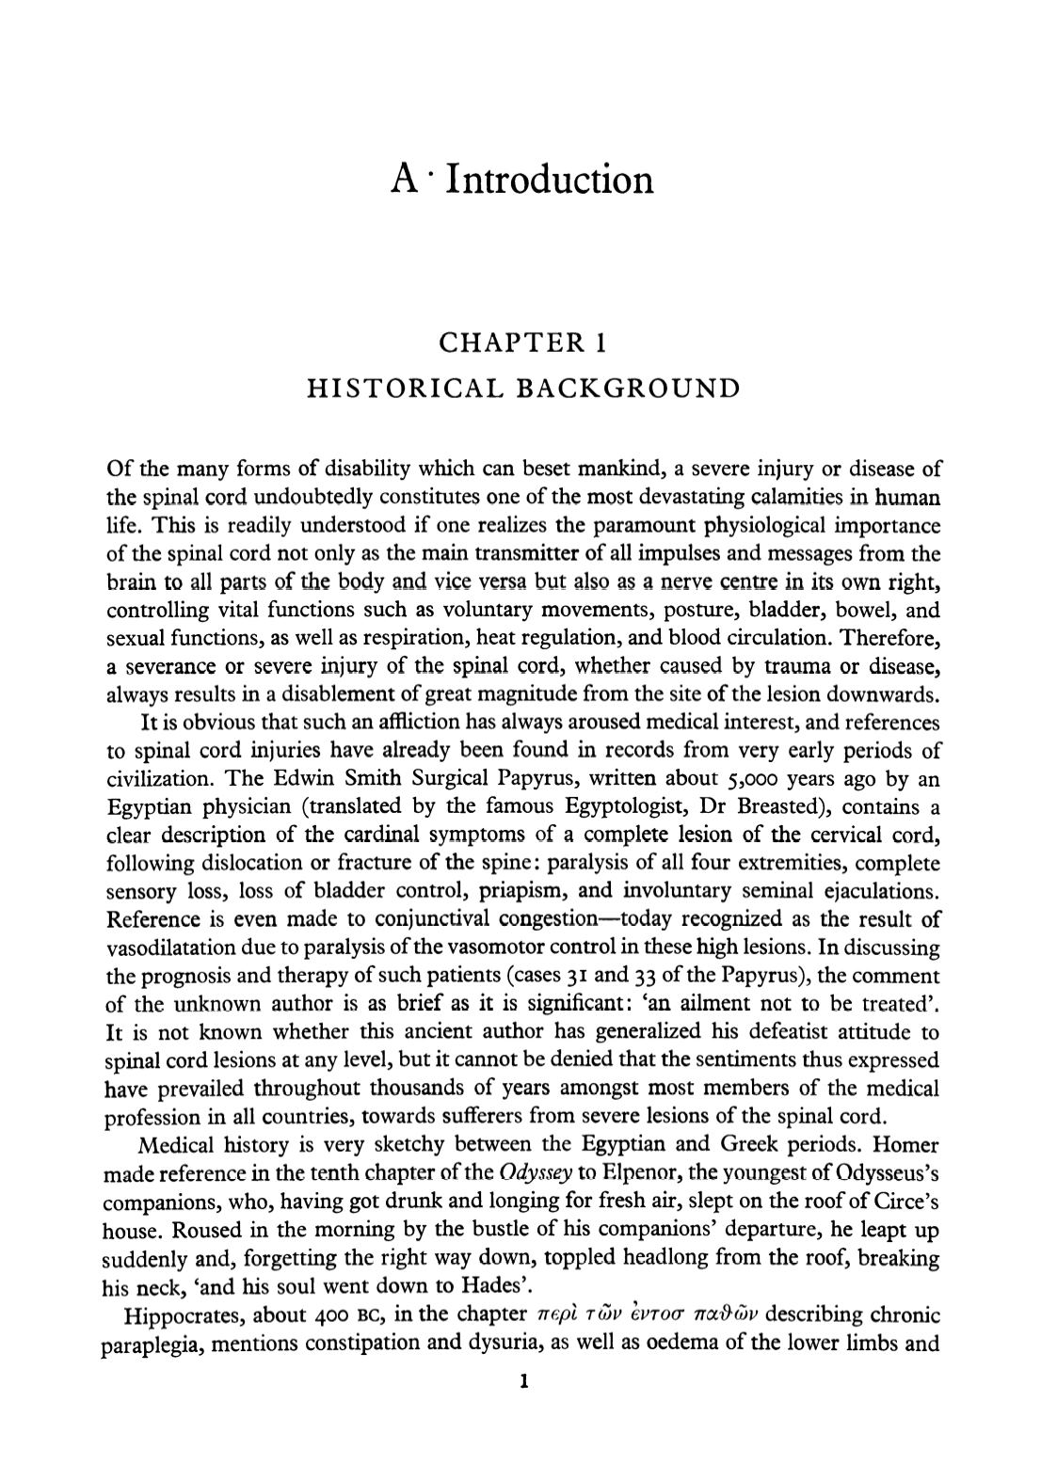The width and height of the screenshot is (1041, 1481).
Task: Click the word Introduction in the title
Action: (x=549, y=179)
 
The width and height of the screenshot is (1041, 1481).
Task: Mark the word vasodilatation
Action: (x=170, y=947)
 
